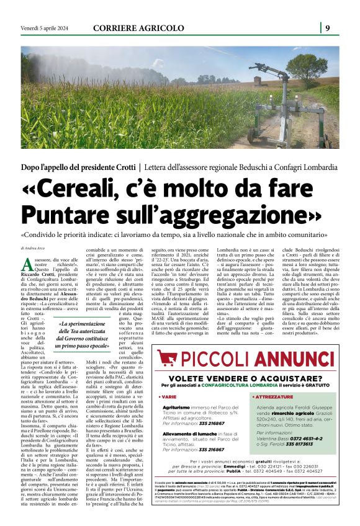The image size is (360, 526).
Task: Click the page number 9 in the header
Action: [x=327, y=27]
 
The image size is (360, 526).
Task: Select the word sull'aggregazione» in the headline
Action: [x=228, y=215]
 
